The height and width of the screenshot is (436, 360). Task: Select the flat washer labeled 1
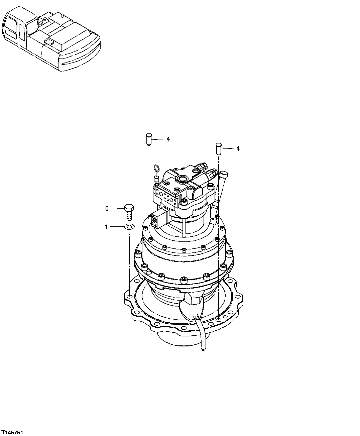[x=129, y=227]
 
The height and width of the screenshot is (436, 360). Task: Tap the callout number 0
[x=107, y=209]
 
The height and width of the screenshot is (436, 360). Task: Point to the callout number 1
[x=107, y=227]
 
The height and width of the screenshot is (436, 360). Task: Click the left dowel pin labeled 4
[x=149, y=139]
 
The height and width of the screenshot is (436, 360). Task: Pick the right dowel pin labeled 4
[x=219, y=148]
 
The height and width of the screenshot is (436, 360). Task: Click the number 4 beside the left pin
[x=168, y=139]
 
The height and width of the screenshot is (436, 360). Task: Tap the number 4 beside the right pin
[x=238, y=148]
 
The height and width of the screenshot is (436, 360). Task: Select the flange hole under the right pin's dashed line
[x=218, y=320]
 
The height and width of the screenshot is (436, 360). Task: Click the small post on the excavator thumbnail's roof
[x=62, y=15]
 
